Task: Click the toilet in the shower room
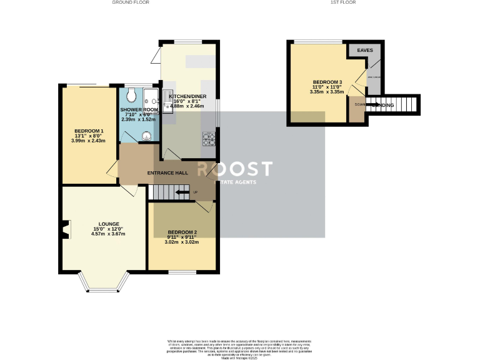pos(131,95)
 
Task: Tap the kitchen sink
pos(167,97)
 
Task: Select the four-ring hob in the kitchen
pos(209,139)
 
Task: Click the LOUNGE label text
pos(108,223)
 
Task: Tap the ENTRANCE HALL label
pos(167,172)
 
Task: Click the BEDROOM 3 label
pos(327,82)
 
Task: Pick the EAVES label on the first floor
pos(364,49)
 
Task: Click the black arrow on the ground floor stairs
pos(182,194)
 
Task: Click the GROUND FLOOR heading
pos(131,2)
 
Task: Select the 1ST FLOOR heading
pos(343,2)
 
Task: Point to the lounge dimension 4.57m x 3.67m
pos(108,234)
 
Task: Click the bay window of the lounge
pos(105,286)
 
